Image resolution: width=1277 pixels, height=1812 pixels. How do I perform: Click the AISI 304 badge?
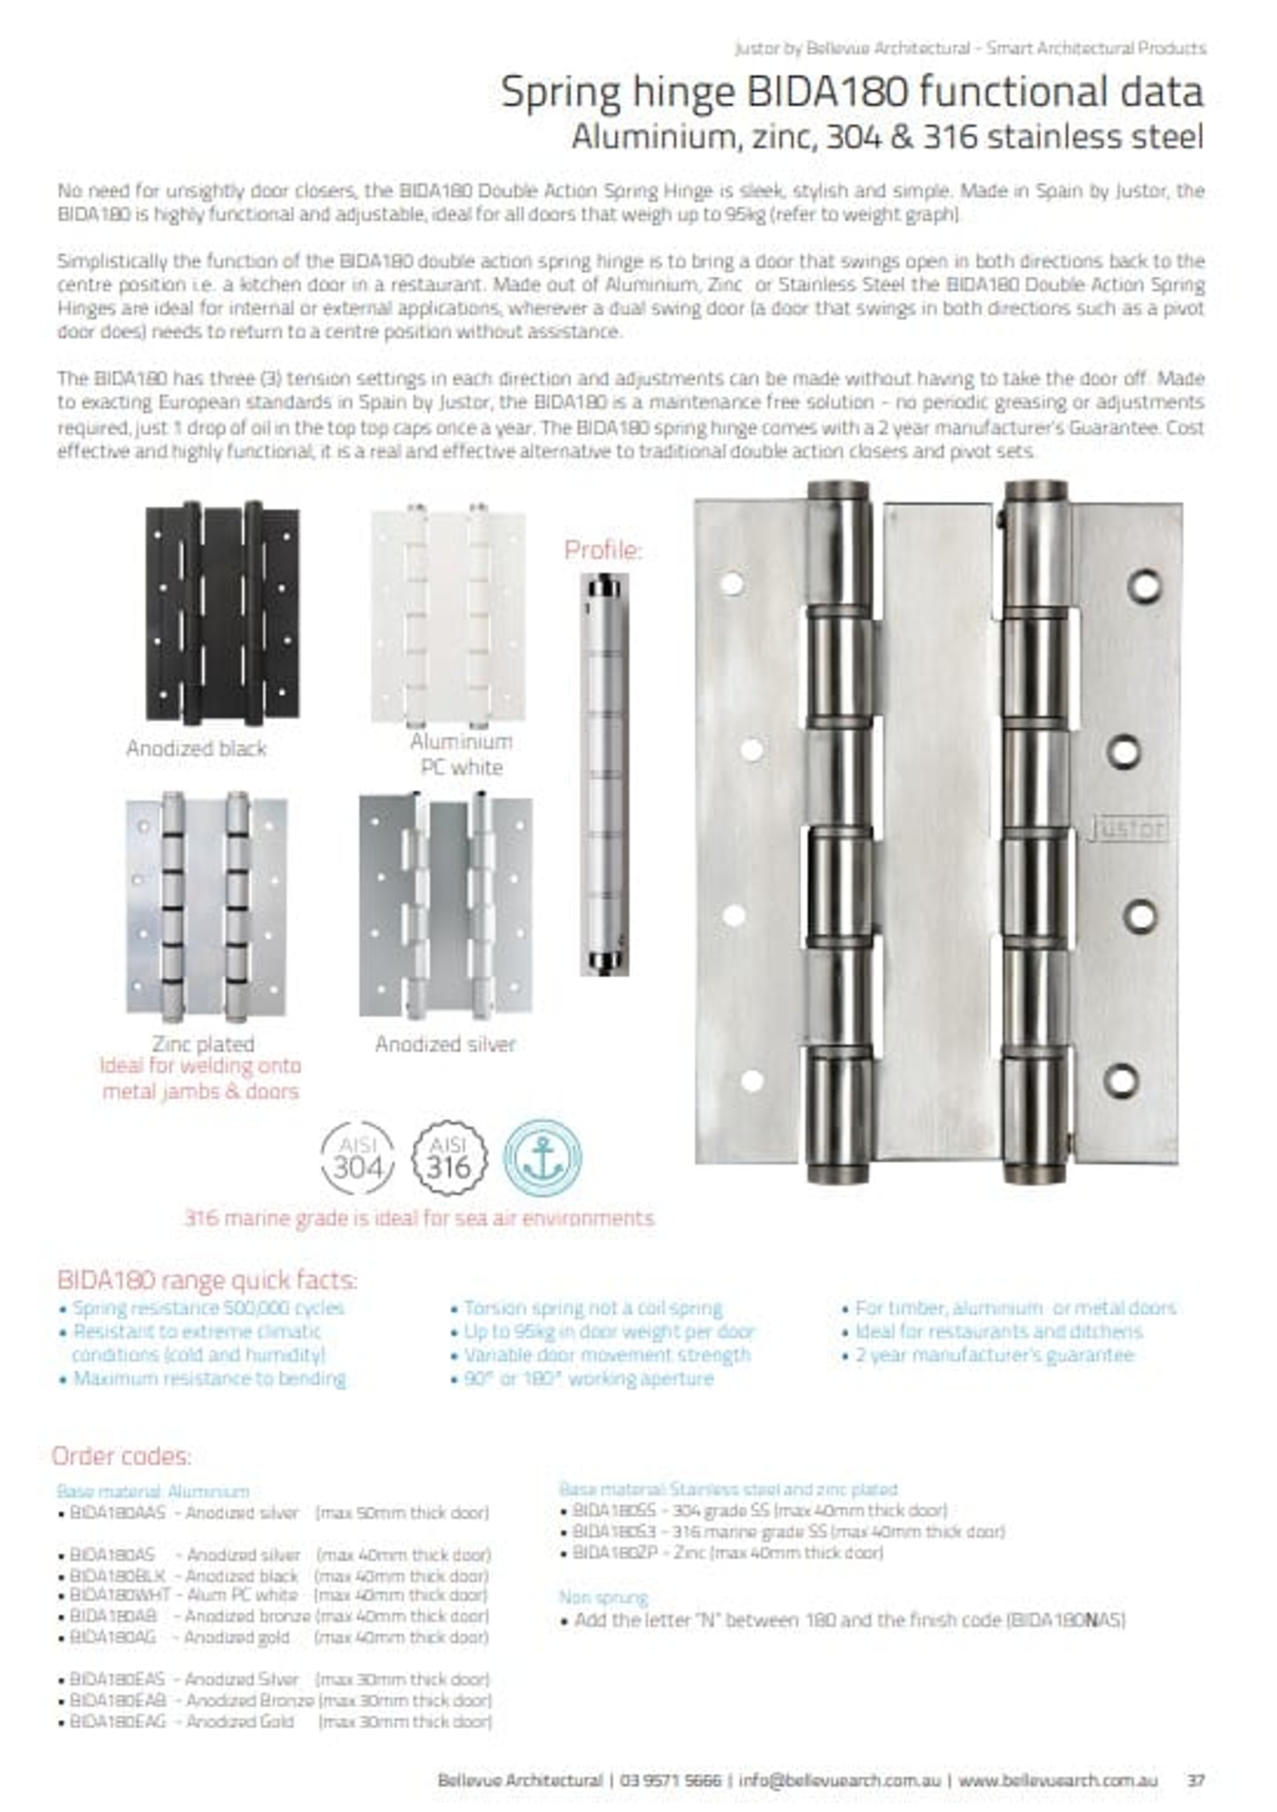click(x=358, y=1157)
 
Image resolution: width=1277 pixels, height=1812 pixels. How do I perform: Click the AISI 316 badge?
click(x=449, y=1157)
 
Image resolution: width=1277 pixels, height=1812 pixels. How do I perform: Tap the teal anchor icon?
click(x=543, y=1157)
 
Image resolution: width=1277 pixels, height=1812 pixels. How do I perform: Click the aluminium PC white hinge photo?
click(x=447, y=615)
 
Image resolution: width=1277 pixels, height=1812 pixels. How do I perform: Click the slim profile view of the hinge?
click(x=605, y=774)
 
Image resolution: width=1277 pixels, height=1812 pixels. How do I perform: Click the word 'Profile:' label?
click(x=603, y=550)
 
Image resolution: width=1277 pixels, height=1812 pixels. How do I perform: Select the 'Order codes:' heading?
click(x=122, y=1455)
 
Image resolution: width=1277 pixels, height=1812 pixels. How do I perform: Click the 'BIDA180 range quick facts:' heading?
click(x=207, y=1279)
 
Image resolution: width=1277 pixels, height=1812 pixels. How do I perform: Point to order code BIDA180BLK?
click(x=117, y=1575)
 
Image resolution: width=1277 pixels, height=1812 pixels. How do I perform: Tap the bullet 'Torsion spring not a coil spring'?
click(x=592, y=1308)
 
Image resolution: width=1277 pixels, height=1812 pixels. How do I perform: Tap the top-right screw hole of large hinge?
click(x=1144, y=585)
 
